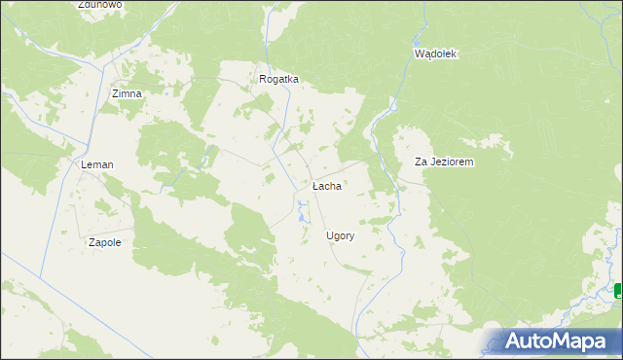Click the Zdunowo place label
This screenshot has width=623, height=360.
point(100,5)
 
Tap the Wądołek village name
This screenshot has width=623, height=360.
point(435,54)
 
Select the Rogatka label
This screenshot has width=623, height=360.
point(278,80)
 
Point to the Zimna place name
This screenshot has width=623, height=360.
point(127,93)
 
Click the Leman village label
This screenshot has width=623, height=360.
point(97,165)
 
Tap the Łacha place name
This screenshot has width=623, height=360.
point(326,185)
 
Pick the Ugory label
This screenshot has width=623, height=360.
point(340,235)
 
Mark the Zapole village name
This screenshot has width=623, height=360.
point(104,242)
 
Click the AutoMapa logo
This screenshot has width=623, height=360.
point(561,341)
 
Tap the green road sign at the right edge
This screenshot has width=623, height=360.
point(619,290)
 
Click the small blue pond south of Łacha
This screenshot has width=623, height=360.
point(302,204)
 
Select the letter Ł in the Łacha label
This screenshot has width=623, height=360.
point(315,185)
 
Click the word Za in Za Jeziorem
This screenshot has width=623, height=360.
point(421,162)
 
